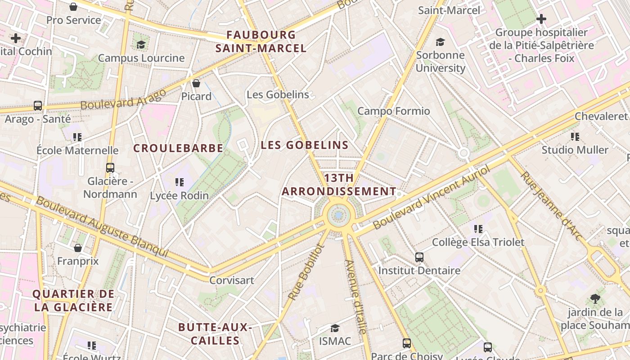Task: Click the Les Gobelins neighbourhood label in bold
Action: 305,145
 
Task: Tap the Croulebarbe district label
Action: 178,148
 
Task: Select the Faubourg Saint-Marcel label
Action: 261,41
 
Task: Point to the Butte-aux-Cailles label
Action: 215,333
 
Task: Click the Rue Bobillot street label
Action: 306,272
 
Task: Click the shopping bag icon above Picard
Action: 196,83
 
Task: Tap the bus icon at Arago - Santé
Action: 38,106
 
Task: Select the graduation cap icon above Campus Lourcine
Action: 141,45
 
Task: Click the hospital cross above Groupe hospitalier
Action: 541,19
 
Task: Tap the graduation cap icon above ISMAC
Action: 335,328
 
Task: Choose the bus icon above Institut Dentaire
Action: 419,257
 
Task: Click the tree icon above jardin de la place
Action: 595,298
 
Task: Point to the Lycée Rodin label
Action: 180,195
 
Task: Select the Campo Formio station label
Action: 394,111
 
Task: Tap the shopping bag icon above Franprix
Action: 78,248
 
